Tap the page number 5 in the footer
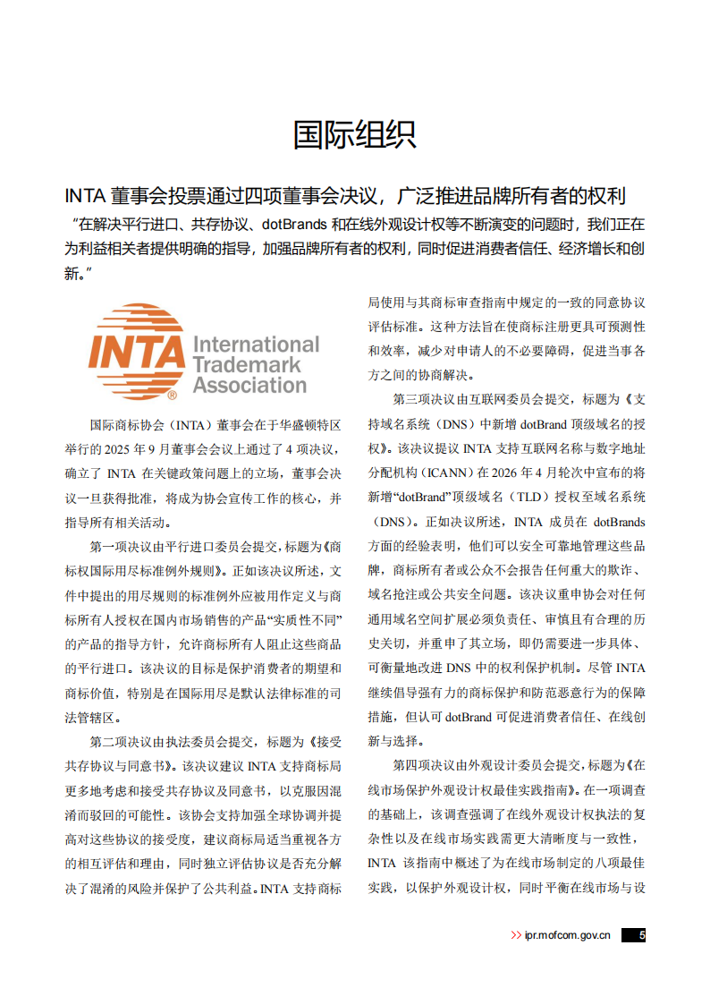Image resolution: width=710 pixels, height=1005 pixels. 641,935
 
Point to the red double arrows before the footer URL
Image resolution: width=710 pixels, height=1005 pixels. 516,935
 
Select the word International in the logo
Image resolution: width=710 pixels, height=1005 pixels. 256,345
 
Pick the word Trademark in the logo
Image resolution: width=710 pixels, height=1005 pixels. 247,365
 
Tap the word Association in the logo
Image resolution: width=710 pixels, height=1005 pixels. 249,386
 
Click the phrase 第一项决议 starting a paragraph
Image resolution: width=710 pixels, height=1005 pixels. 121,546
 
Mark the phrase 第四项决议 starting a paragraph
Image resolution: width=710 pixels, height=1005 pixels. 424,766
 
